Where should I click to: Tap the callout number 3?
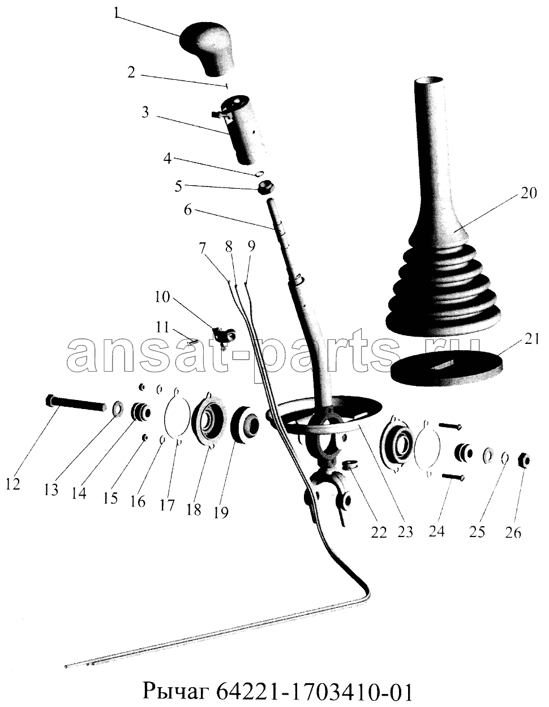click(x=145, y=113)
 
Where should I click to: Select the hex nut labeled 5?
click(x=267, y=188)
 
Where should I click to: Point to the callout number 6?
click(x=188, y=211)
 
